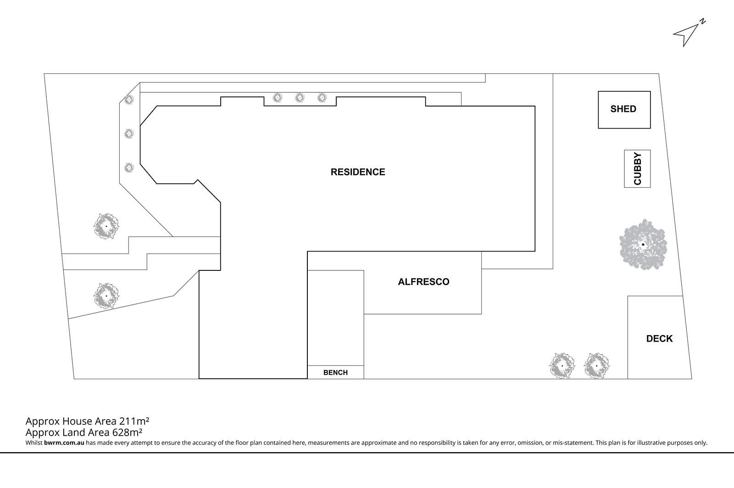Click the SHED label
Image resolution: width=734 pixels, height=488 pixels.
click(x=623, y=109)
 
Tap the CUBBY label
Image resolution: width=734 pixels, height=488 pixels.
click(x=637, y=168)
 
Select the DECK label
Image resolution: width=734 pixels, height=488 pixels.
click(x=659, y=338)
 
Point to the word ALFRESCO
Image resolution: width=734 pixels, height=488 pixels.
click(x=423, y=282)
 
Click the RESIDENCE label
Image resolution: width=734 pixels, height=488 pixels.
click(x=358, y=172)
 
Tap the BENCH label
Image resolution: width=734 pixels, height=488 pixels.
click(x=335, y=373)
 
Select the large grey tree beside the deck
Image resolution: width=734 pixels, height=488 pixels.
click(x=643, y=245)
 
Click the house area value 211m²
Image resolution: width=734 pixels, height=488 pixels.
click(x=134, y=421)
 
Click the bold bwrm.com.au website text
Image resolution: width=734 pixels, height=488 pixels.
click(x=64, y=443)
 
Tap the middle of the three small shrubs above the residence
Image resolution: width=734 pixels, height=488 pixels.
click(x=300, y=97)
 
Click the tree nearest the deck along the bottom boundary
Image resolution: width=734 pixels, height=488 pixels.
click(x=596, y=366)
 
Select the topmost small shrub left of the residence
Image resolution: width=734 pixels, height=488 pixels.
click(x=129, y=99)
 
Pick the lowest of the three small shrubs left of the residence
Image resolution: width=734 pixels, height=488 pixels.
click(x=129, y=168)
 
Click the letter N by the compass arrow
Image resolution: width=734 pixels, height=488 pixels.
click(x=702, y=22)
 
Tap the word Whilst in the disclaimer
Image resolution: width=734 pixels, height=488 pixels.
click(x=34, y=443)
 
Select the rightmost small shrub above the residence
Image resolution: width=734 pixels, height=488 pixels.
click(x=322, y=97)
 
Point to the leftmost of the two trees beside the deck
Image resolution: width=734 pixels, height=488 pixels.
click(x=562, y=366)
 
